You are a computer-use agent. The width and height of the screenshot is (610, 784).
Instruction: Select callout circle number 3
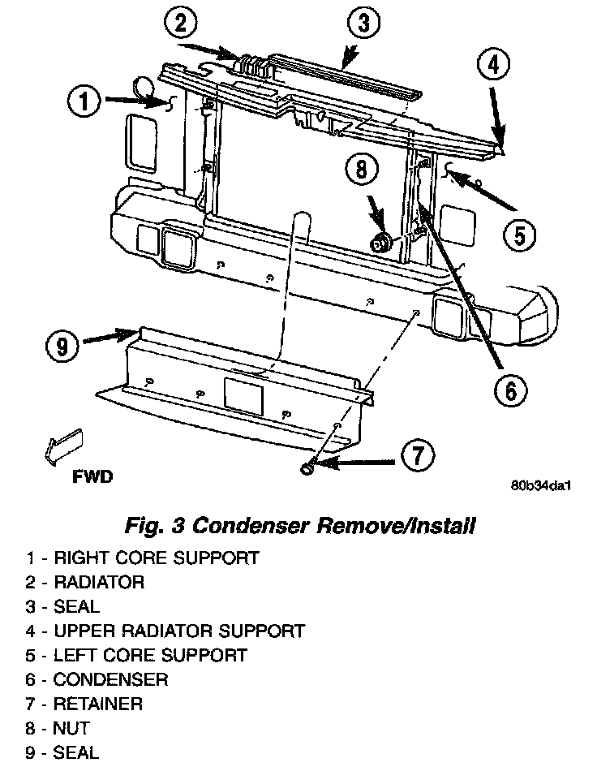coord(363,24)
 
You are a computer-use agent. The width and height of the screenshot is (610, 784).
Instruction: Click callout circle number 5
coord(519,235)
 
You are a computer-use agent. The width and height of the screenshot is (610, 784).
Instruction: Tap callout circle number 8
coord(362,170)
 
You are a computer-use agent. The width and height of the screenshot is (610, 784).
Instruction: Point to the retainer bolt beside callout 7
coord(309,467)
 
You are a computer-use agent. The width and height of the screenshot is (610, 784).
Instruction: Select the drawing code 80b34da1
coord(541,487)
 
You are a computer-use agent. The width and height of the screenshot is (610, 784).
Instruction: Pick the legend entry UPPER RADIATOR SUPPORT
coord(178,631)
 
